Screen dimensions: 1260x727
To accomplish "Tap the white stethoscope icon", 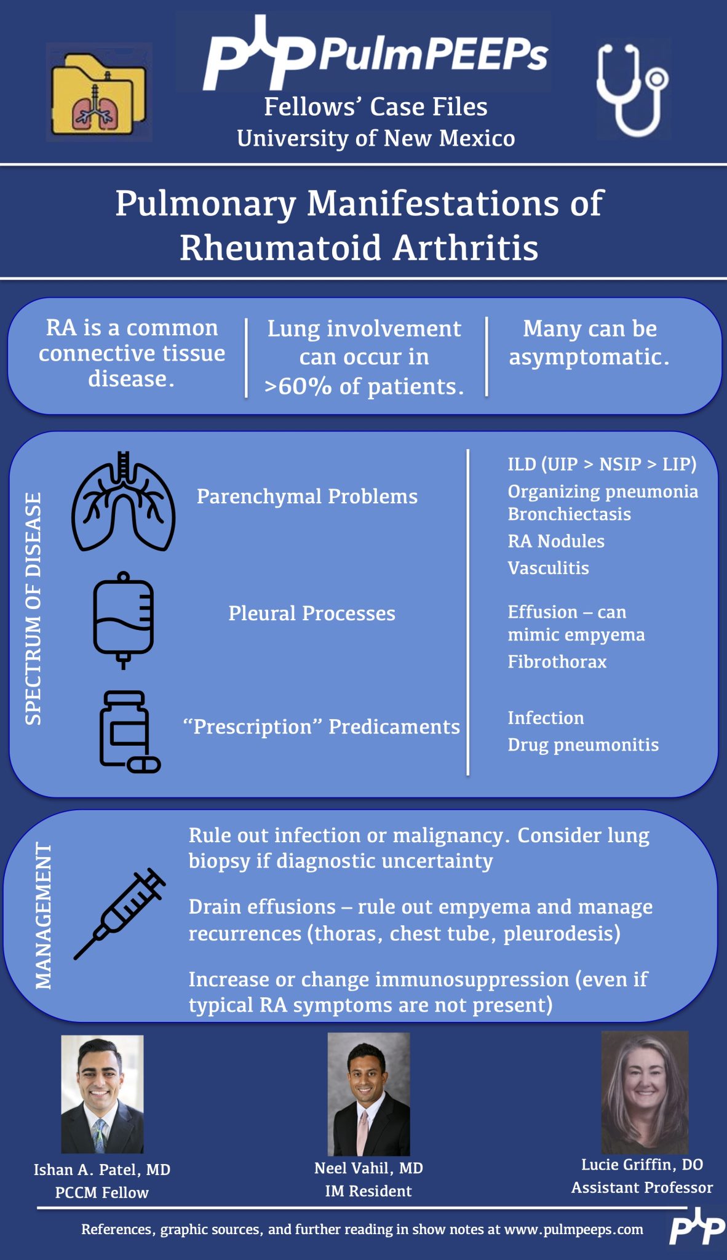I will click(632, 90).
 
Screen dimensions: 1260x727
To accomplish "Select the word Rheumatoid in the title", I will click(280, 248).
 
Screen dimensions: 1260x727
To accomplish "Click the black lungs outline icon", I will click(123, 501).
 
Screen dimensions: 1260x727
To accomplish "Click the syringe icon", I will click(121, 913).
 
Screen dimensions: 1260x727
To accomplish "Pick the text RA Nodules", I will click(555, 541).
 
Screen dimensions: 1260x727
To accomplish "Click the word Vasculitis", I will click(548, 568).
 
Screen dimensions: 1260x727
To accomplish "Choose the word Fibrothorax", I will click(557, 661).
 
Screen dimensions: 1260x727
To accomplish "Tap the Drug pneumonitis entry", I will click(582, 744).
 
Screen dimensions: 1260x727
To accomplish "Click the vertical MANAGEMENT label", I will click(44, 915).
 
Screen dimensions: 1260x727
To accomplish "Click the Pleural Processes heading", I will click(312, 613).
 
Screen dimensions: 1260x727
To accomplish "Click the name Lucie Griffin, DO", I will click(642, 1164).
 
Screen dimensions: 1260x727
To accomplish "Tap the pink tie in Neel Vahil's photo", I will click(364, 1132).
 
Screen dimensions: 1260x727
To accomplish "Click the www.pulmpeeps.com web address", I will click(573, 1229).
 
